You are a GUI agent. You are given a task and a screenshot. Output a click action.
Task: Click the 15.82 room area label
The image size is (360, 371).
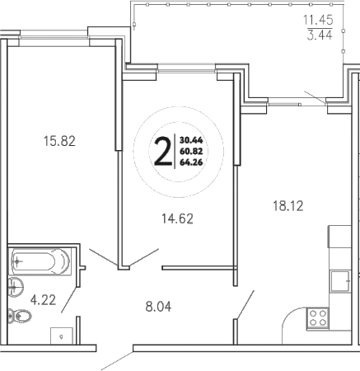59,141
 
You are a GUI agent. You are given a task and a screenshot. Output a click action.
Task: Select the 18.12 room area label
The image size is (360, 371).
288,205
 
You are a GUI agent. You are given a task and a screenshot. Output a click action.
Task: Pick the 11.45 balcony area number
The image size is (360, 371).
321,19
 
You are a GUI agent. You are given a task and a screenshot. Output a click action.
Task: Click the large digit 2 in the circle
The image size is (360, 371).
164,151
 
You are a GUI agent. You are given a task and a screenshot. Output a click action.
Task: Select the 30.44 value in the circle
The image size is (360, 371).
190,140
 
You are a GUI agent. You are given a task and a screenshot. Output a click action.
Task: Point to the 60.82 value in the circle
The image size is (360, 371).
190,151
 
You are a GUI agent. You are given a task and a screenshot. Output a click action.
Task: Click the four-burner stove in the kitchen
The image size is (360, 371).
317,317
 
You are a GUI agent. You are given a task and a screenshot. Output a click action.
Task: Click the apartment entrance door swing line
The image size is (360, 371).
115,361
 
